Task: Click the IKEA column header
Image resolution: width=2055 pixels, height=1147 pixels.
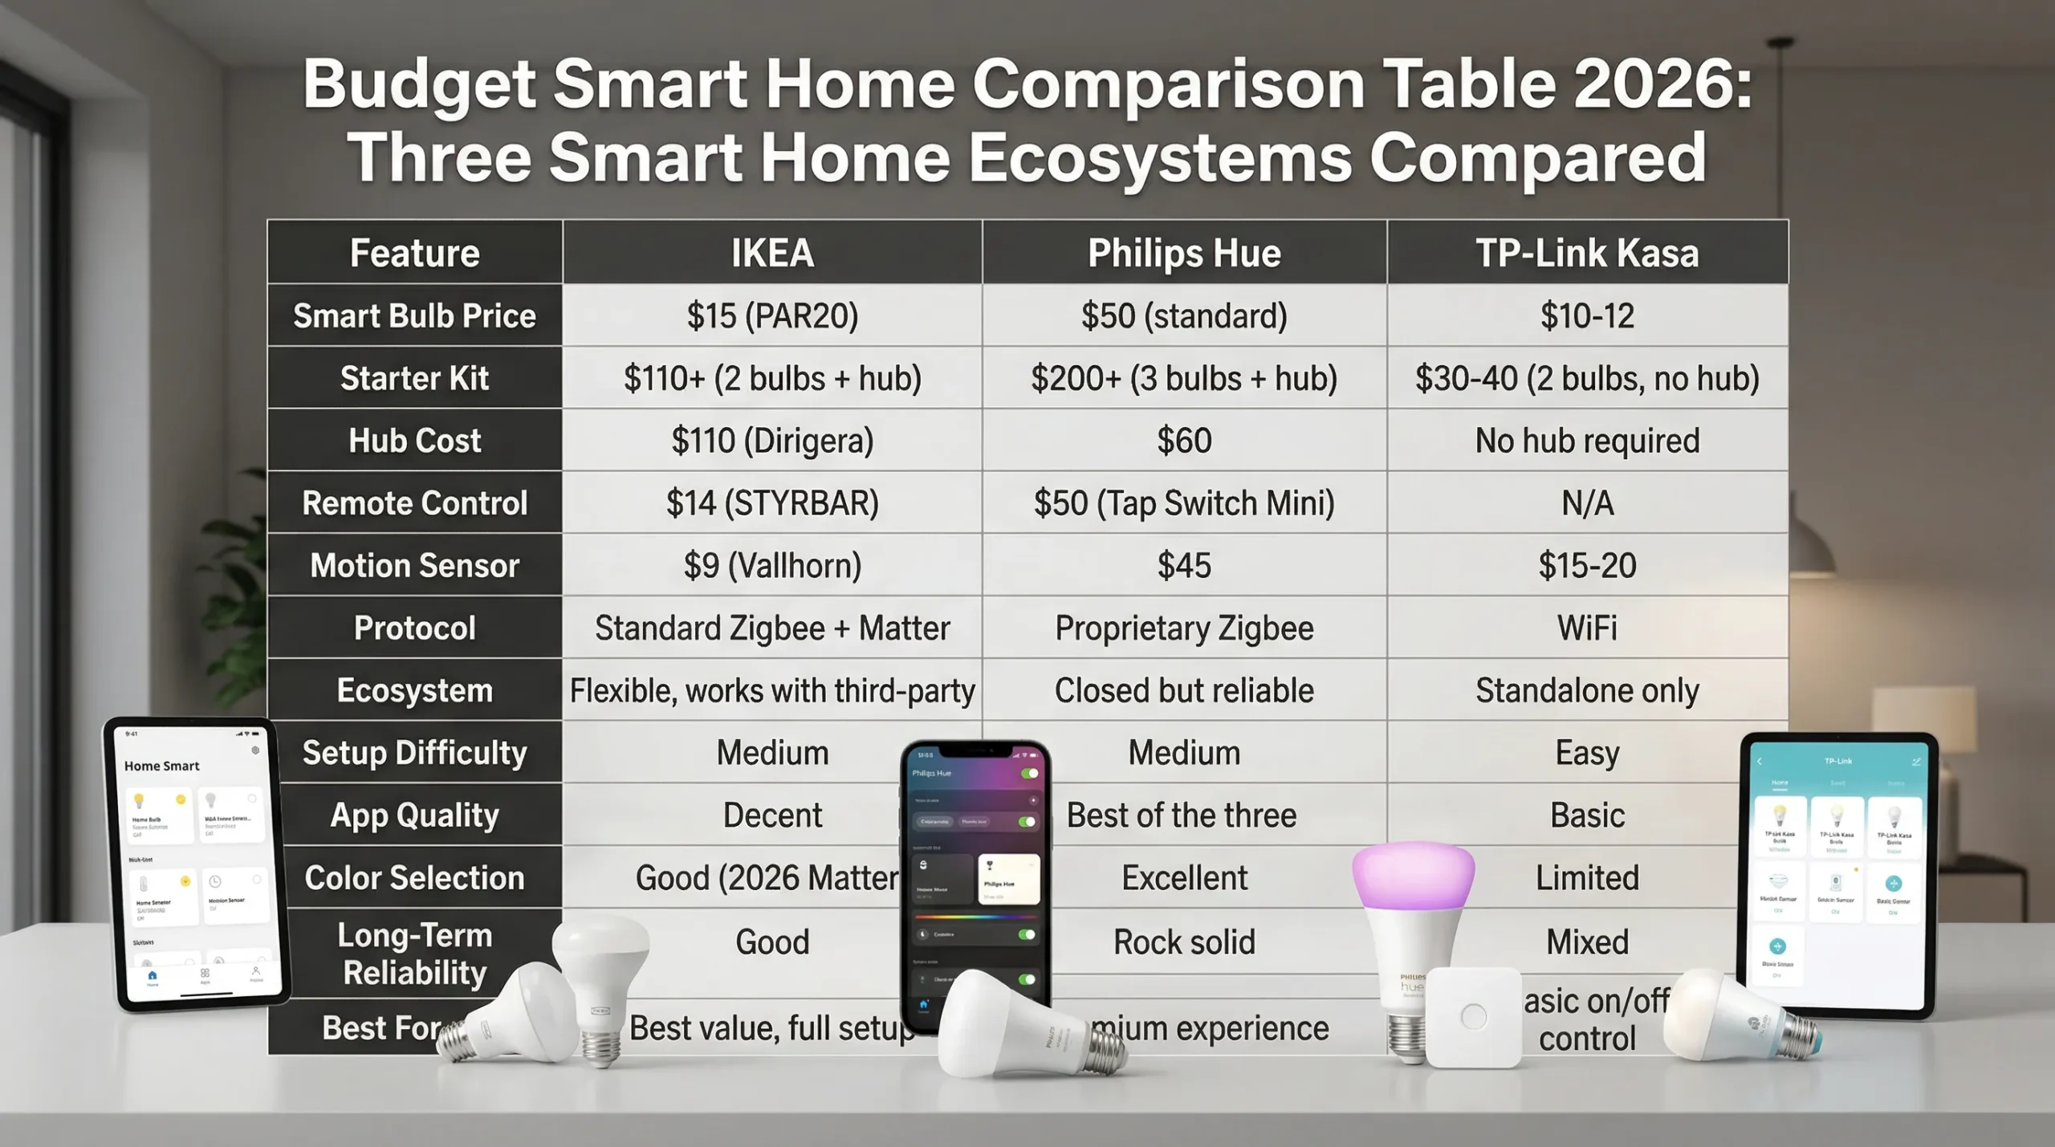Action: point(772,253)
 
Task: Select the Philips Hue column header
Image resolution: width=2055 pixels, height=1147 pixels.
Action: point(1184,253)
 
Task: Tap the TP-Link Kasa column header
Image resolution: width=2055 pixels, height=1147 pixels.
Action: point(1587,253)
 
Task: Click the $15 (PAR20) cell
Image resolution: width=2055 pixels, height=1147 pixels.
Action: point(772,315)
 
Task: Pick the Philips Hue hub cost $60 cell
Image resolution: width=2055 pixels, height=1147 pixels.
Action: point(1184,441)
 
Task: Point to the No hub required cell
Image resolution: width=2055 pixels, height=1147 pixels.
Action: point(1587,441)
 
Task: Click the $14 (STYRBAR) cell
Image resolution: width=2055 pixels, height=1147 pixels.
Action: point(772,503)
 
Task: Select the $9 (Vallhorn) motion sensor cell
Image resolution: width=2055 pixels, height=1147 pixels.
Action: point(772,566)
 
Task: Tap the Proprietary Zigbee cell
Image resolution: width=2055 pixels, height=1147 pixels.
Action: point(1184,628)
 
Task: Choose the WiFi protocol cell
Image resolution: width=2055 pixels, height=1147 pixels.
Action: point(1587,628)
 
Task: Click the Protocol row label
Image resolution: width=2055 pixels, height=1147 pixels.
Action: point(414,628)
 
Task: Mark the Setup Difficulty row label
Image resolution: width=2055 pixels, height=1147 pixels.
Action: point(414,753)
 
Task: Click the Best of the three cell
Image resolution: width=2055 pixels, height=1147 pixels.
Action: point(1181,816)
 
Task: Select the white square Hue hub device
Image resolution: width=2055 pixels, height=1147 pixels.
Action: point(1474,1016)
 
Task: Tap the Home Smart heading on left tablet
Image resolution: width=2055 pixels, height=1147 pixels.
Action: point(161,766)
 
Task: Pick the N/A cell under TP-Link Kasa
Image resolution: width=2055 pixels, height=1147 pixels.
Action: point(1587,503)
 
